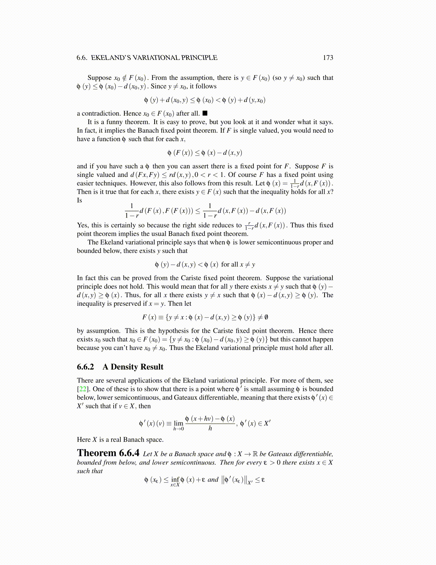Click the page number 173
pos(328,58)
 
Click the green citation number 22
pos(82,389)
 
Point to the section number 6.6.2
pos(85,367)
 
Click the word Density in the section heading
pos(124,367)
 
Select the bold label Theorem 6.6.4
pos(108,453)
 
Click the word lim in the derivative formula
pos(178,423)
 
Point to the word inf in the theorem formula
pos(175,479)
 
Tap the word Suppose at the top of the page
pos(99,78)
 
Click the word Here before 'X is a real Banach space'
pos(84,440)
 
